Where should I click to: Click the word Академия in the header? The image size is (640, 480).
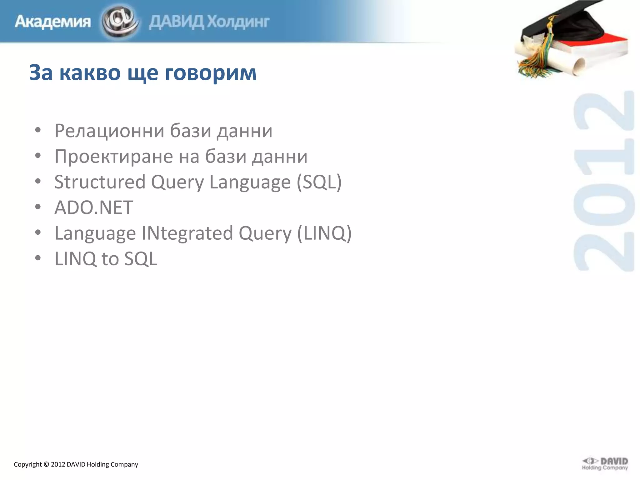[52, 22]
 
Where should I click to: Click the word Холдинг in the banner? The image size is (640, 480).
[238, 22]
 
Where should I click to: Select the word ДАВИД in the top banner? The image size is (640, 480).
[176, 22]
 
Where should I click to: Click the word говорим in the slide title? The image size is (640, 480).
[211, 72]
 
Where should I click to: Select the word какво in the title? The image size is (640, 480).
[90, 72]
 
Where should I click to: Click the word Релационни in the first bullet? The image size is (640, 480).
[109, 131]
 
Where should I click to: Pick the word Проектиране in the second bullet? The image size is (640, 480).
[114, 156]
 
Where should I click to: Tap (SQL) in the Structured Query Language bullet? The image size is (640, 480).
[319, 182]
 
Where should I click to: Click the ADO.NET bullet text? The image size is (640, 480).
[94, 207]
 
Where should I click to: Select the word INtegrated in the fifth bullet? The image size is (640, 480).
[187, 233]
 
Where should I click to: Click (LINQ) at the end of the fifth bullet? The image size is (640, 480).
[324, 233]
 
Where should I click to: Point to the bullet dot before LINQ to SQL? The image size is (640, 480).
[38, 258]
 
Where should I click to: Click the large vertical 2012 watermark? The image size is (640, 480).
[604, 181]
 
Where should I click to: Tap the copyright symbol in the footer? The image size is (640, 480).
[46, 464]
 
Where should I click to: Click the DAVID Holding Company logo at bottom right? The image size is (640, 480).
[605, 464]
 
